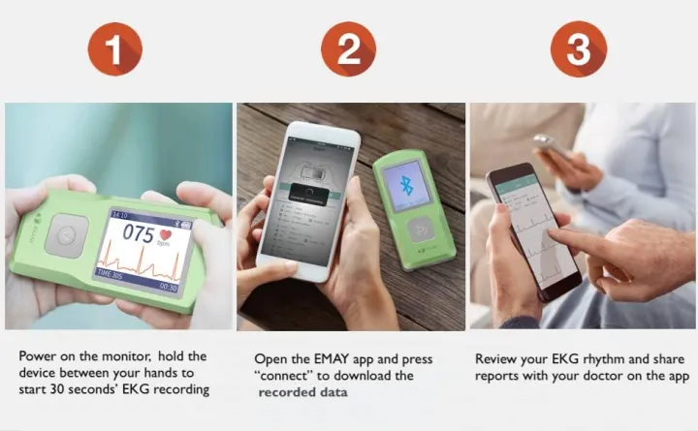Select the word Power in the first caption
click(39, 356)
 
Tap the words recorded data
click(303, 392)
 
